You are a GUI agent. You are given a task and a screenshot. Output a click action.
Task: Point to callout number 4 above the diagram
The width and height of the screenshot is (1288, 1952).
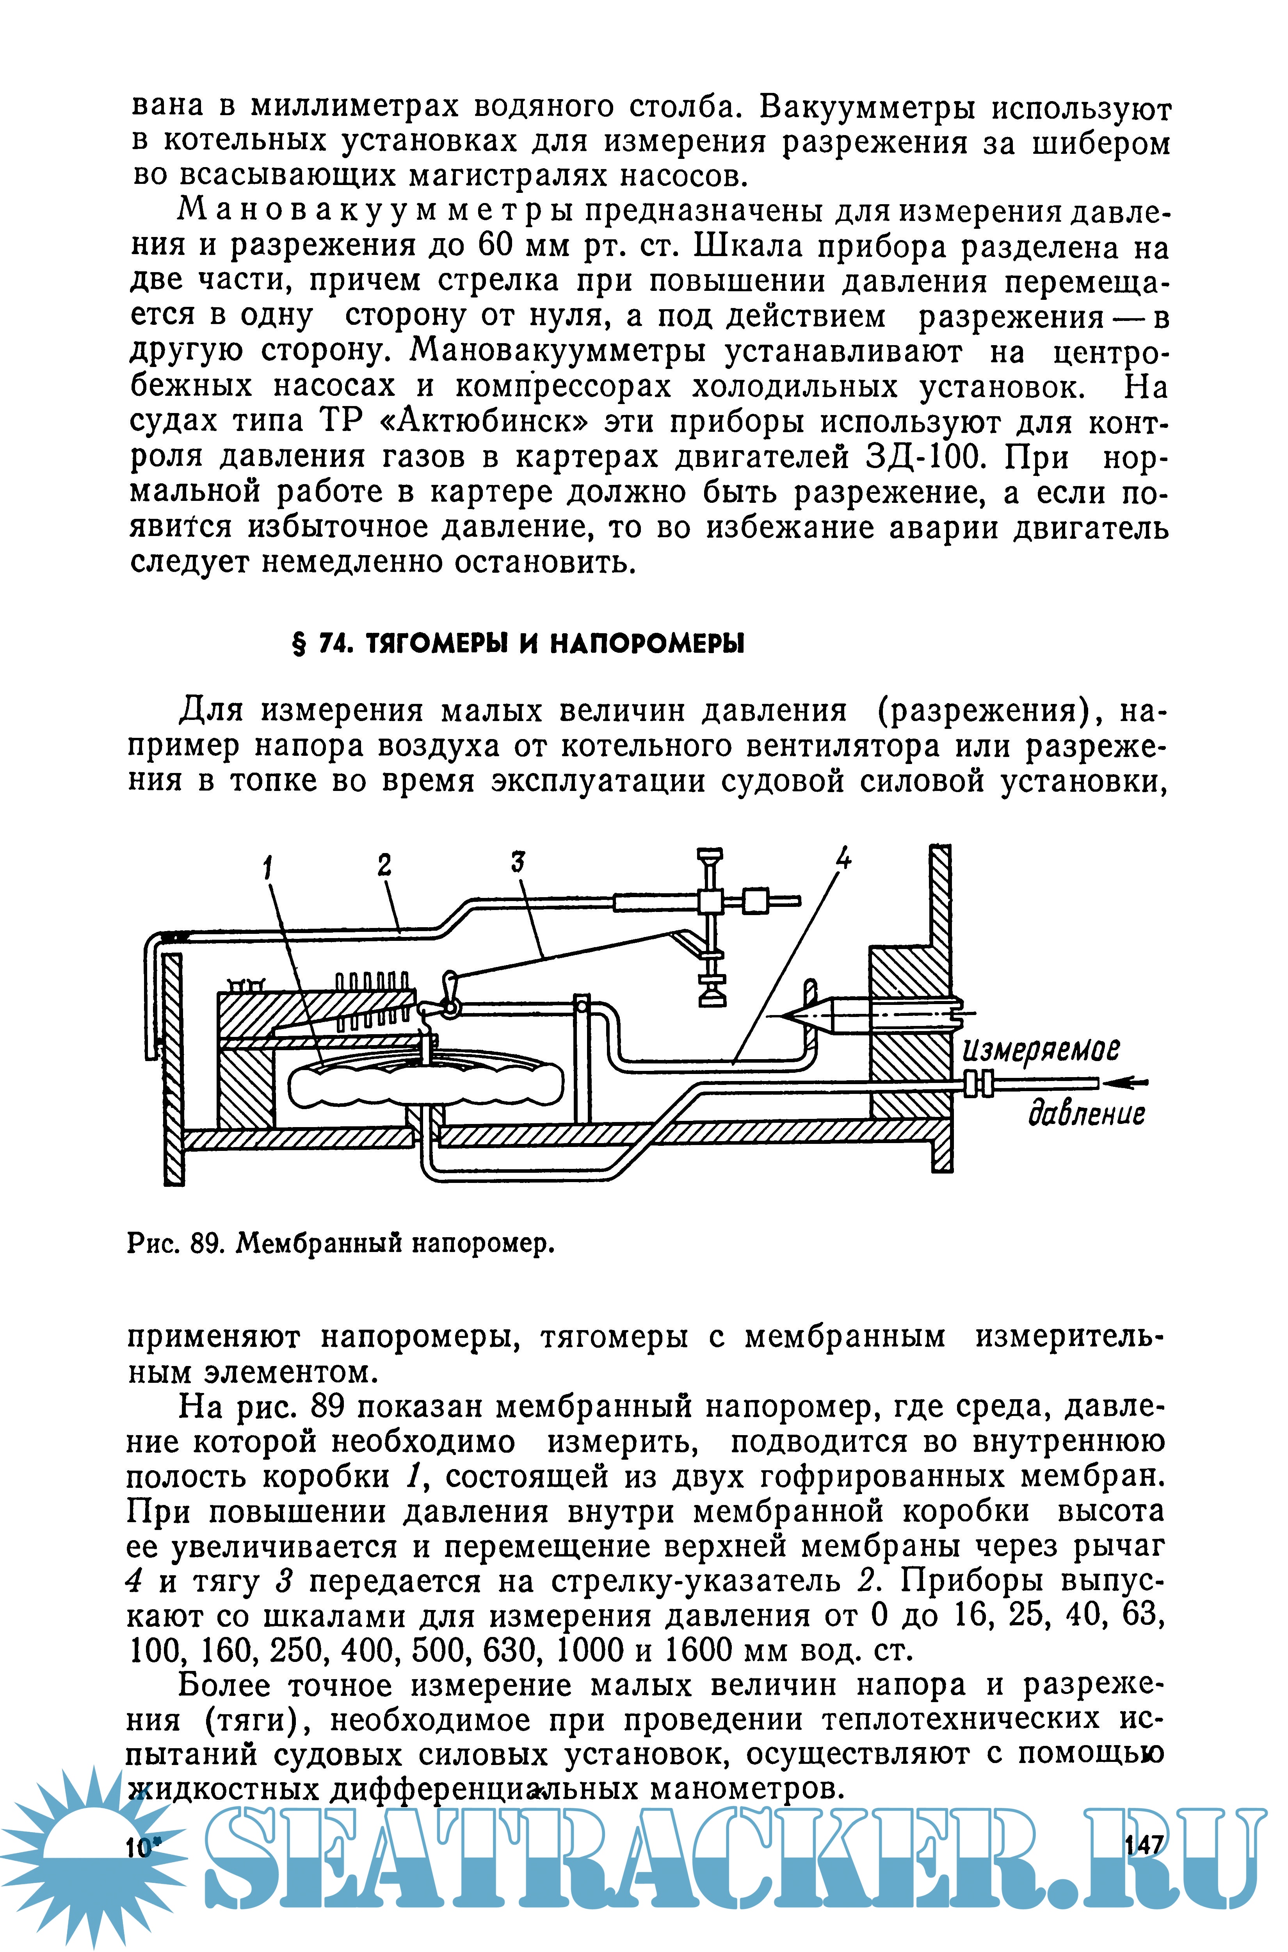[843, 858]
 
